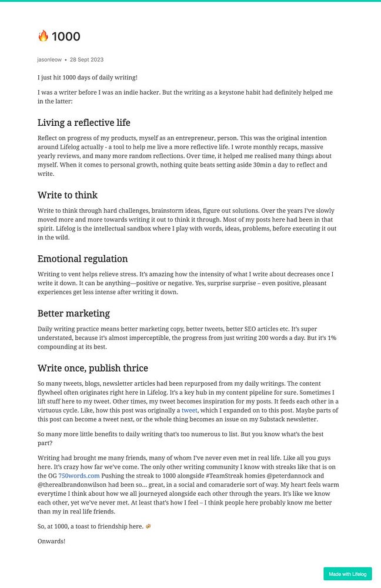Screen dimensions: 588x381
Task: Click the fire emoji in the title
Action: click(43, 36)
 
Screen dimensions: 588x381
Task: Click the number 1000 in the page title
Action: click(66, 36)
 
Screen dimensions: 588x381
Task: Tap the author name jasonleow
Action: click(49, 60)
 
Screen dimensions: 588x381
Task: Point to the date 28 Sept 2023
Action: click(86, 60)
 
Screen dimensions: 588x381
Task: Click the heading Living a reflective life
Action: click(83, 123)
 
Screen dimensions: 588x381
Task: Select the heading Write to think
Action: click(67, 195)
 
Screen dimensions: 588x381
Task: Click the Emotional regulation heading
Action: click(82, 259)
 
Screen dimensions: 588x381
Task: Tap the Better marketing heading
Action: click(73, 313)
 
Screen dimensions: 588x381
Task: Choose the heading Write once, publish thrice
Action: click(92, 368)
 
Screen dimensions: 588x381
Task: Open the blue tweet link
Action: click(189, 410)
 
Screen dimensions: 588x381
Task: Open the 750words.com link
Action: click(79, 476)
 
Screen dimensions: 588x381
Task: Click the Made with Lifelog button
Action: click(347, 574)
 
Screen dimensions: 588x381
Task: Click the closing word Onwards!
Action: click(51, 541)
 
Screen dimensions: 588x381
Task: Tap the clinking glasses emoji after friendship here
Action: click(148, 526)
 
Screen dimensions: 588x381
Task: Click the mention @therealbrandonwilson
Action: click(75, 485)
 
